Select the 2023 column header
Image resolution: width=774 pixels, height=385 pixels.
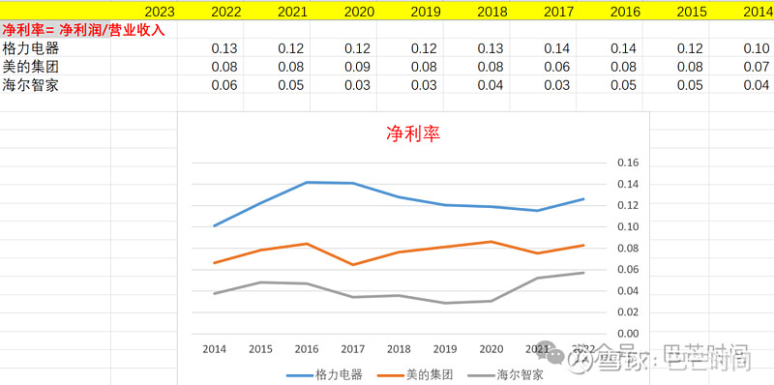160,12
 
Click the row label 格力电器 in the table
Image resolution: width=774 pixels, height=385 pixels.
25,48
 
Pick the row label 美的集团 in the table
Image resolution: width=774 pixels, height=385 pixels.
25,67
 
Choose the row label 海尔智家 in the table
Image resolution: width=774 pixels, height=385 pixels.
25,84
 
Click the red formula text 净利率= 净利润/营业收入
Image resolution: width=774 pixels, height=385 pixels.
83,30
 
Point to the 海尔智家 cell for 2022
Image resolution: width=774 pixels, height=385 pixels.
224,84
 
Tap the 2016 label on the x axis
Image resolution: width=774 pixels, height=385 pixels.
306,349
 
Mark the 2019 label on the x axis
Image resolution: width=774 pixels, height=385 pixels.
445,349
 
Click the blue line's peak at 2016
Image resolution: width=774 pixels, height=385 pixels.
306,182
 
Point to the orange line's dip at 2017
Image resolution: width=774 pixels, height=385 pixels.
352,264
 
